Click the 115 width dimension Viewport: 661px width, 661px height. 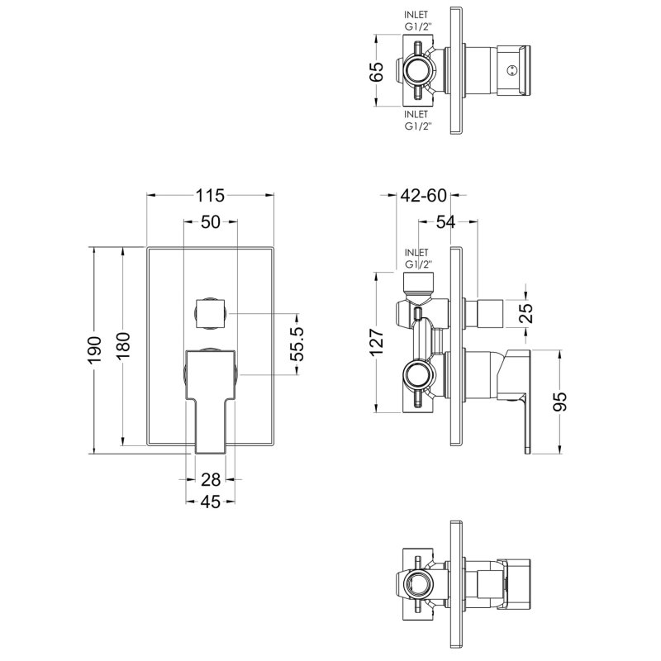click(211, 196)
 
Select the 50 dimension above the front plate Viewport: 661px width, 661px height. click(210, 221)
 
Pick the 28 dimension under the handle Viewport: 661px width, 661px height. click(210, 478)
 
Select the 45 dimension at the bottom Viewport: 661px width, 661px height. click(210, 502)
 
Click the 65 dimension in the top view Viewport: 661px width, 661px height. click(377, 69)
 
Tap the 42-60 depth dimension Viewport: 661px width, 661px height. click(423, 196)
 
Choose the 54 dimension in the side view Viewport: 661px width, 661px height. click(446, 221)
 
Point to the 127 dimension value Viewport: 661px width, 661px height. click(377, 341)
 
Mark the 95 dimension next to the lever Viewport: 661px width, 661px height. click(560, 401)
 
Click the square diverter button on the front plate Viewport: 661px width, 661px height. click(210, 313)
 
